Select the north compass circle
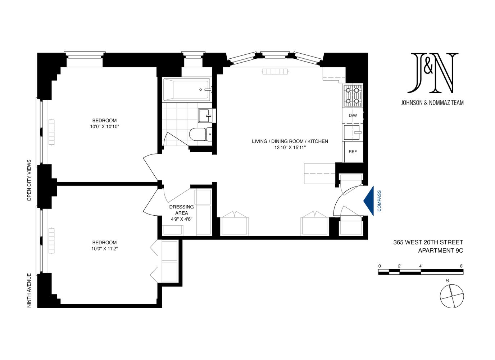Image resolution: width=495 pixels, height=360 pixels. point(452,296)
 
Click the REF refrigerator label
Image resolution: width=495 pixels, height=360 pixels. point(353,152)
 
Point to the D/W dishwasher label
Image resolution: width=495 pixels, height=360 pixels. point(353,116)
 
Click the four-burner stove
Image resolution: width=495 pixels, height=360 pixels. point(352,95)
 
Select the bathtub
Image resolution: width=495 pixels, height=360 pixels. point(186,89)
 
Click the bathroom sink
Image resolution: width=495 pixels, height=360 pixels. point(205,116)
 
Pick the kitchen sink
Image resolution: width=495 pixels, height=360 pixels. point(352,132)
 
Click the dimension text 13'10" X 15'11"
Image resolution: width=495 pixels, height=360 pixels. point(290,147)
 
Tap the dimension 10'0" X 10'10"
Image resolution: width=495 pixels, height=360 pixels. point(104,127)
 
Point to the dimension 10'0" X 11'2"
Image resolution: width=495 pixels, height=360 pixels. point(104,248)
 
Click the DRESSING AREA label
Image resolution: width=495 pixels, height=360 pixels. point(181,210)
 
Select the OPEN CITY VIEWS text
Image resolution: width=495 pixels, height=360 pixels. point(29,180)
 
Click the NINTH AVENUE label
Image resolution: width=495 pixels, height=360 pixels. point(29,290)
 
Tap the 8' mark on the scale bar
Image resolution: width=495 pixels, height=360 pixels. point(461,266)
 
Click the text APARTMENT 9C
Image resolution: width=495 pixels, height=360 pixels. point(440,251)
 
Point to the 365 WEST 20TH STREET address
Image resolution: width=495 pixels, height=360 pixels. point(428,242)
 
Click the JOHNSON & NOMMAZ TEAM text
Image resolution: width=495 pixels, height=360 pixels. point(432,103)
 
